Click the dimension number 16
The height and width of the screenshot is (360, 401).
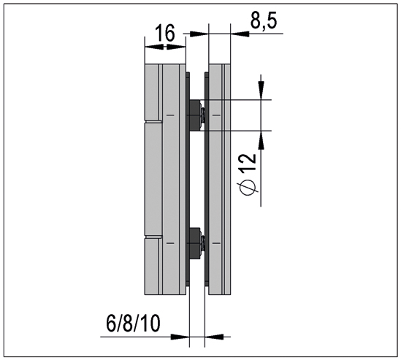click(x=164, y=34)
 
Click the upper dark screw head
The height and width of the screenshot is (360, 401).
click(x=196, y=115)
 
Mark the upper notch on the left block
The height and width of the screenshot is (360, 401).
click(x=151, y=120)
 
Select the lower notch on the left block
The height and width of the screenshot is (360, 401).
click(x=151, y=238)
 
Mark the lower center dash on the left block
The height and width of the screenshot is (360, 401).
click(x=169, y=242)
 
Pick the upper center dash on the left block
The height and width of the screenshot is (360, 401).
click(x=169, y=115)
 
